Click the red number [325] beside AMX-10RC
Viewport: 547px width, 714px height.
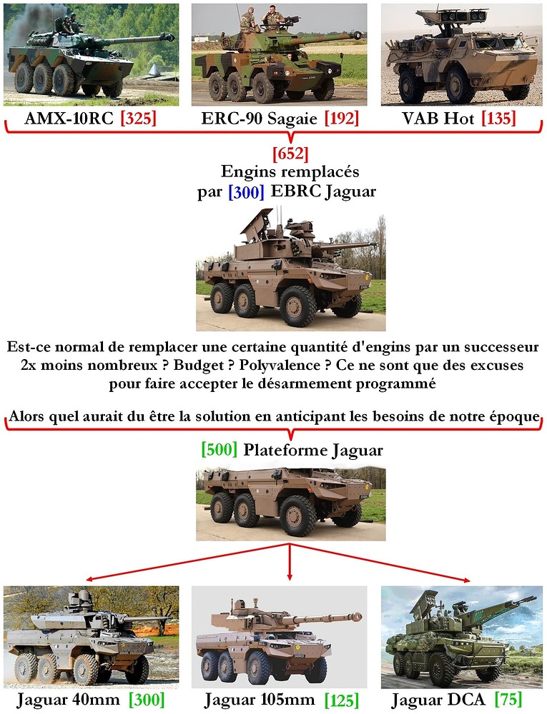[x=138, y=119]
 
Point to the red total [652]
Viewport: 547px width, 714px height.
[x=290, y=154]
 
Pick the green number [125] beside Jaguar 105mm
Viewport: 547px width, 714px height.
[x=340, y=699]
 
